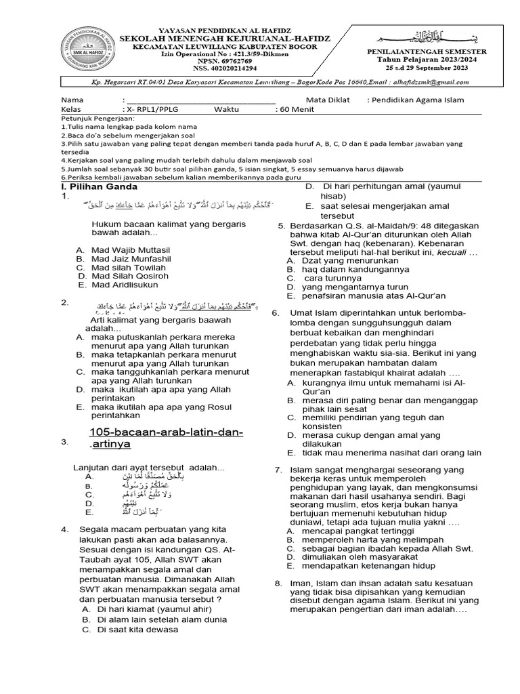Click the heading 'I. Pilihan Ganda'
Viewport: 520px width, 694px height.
click(x=99, y=186)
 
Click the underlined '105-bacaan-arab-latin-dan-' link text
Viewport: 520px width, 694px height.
click(x=166, y=432)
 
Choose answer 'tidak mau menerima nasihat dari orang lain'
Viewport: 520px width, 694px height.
click(x=391, y=452)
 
